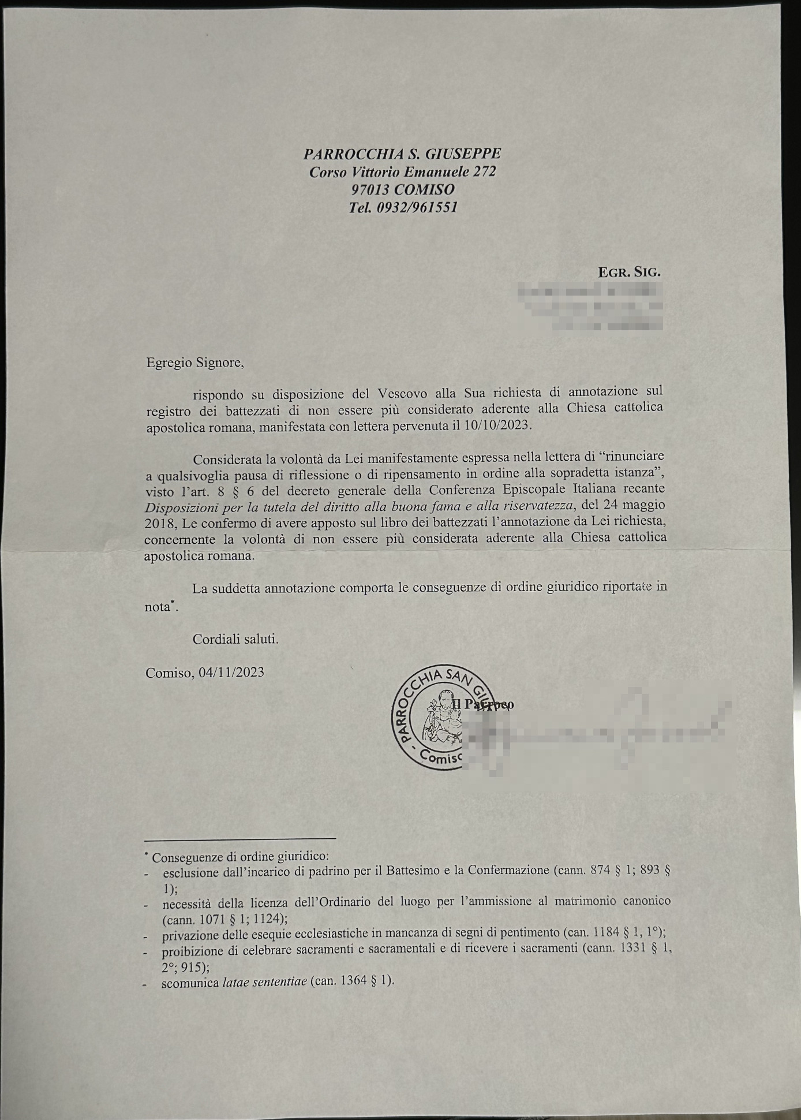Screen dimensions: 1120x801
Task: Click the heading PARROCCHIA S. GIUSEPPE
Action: click(402, 154)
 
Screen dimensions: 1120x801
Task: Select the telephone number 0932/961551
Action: click(417, 208)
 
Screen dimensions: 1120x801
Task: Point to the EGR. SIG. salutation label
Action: click(629, 272)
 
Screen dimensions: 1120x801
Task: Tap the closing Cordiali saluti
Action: click(235, 640)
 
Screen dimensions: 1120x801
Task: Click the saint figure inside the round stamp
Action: click(441, 719)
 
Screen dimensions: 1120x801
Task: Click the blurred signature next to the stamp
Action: click(594, 730)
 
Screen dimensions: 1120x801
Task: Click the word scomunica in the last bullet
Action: click(190, 982)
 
